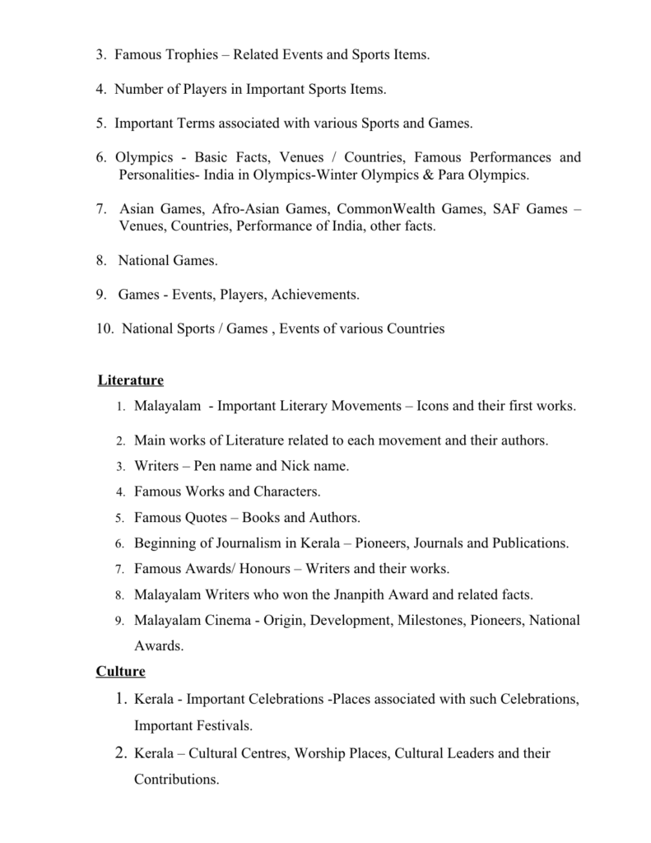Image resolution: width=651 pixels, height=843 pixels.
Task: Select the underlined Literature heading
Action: (x=130, y=380)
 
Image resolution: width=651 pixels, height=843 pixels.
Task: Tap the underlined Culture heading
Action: (x=120, y=671)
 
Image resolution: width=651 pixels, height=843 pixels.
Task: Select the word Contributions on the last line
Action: (x=176, y=779)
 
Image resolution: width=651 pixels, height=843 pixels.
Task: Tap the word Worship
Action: (x=319, y=752)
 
